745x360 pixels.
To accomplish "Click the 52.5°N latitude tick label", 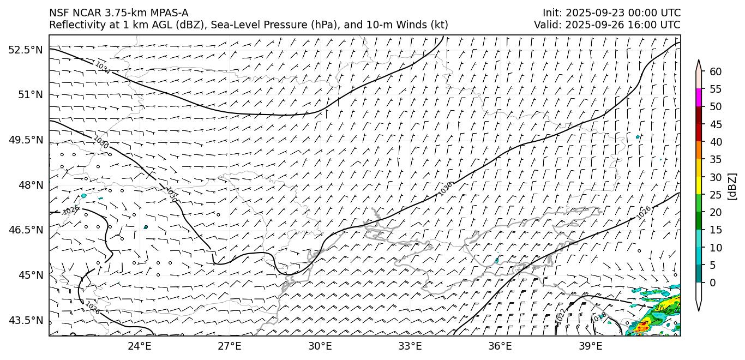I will point(25,50).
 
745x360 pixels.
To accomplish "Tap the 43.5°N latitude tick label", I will point(25,320).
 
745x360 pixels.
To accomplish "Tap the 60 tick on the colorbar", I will point(716,71).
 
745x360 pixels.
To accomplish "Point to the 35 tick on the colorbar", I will point(716,159).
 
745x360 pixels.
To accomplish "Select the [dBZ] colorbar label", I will point(732,187).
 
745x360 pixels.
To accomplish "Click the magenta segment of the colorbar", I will point(699,98).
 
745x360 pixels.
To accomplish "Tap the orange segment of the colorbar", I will point(699,151).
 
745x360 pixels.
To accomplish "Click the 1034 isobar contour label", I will point(102,68).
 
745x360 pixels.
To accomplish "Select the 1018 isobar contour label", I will point(599,317).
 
